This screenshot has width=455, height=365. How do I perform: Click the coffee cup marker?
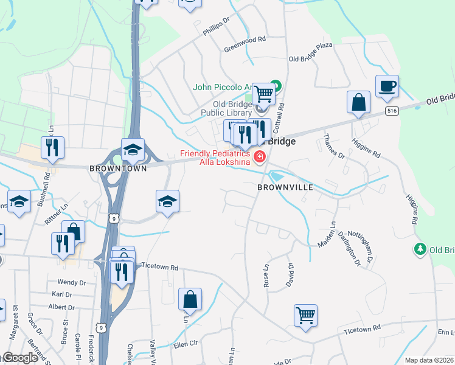pyautogui.click(x=387, y=86)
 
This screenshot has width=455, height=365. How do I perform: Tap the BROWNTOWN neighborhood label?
pyautogui.click(x=118, y=168)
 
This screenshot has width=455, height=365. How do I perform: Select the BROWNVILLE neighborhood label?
pyautogui.click(x=285, y=187)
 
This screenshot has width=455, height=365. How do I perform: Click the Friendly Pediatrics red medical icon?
pyautogui.click(x=260, y=158)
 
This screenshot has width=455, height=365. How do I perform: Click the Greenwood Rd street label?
pyautogui.click(x=245, y=38)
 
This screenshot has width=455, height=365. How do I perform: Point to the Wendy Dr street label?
pyautogui.click(x=71, y=283)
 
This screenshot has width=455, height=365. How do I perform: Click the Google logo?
pyautogui.click(x=19, y=358)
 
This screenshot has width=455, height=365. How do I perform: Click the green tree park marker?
pyautogui.click(x=419, y=249)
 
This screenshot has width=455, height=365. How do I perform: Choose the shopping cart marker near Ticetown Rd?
pyautogui.click(x=305, y=315)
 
